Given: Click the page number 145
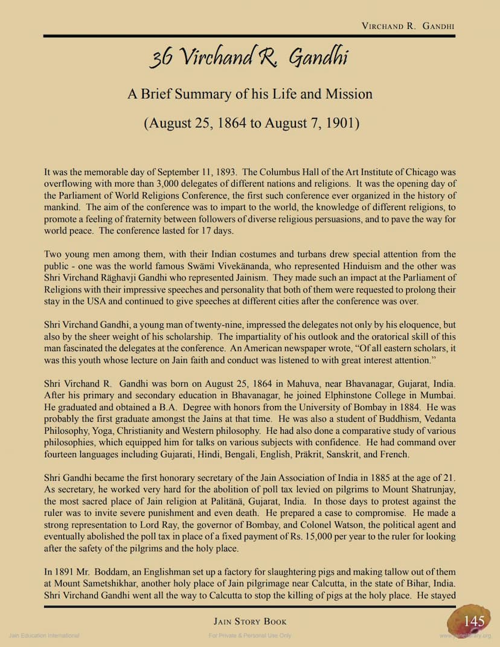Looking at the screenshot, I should tap(475, 620).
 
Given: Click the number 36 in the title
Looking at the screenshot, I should tap(161, 58).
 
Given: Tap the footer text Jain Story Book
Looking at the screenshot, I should tap(250, 621).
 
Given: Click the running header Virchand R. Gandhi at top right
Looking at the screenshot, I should tap(408, 26).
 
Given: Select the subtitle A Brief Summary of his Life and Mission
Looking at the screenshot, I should tap(249, 94).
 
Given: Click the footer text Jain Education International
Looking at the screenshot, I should tap(44, 636).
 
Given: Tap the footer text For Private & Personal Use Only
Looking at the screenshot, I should tap(250, 636).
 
